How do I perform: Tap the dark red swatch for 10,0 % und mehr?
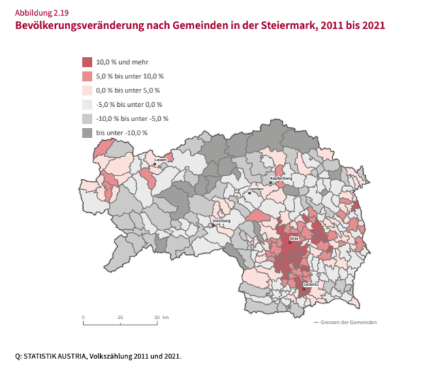(87, 62)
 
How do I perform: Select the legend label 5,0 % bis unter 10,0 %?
(130, 76)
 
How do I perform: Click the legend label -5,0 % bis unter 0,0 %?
(129, 105)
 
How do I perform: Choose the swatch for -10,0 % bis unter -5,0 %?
(87, 118)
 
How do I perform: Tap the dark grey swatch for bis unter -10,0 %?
(87, 133)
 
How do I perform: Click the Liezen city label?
(160, 160)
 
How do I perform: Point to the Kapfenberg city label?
(281, 178)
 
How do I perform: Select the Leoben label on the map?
(256, 188)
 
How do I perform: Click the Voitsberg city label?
(221, 220)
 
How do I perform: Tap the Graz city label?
(294, 238)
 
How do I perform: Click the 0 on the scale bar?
(83, 318)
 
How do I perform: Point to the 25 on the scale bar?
(121, 318)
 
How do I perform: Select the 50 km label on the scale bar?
(161, 318)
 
